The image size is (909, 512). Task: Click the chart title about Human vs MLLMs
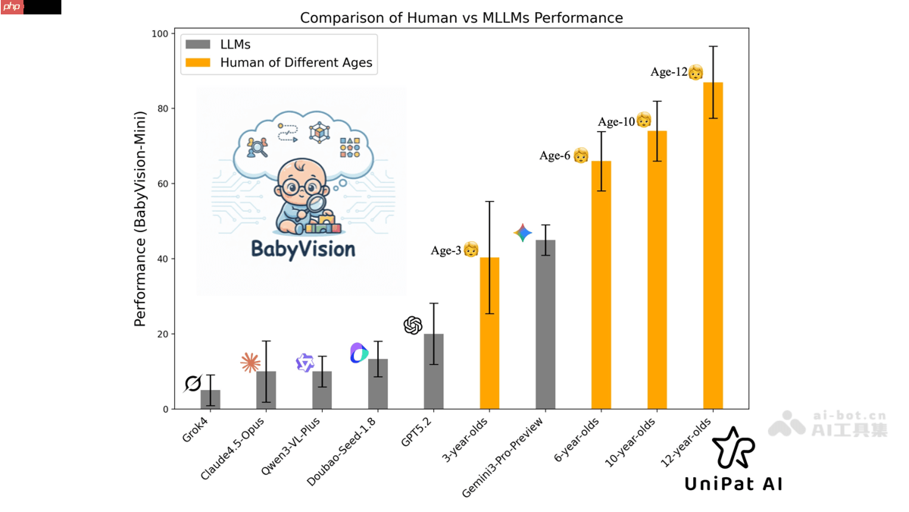(x=461, y=17)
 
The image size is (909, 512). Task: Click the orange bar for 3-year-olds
(x=489, y=334)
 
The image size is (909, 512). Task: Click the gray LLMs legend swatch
(x=198, y=45)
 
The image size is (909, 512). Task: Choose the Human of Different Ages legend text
(x=296, y=63)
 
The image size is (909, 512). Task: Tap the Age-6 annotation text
(x=554, y=155)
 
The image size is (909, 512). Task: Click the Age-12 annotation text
(x=668, y=72)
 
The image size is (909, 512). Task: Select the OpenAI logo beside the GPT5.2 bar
(x=413, y=325)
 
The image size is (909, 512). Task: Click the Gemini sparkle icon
(x=523, y=233)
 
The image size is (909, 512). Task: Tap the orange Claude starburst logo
(x=250, y=363)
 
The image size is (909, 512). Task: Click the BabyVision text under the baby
(x=303, y=249)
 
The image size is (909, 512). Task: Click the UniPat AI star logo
(x=733, y=448)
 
